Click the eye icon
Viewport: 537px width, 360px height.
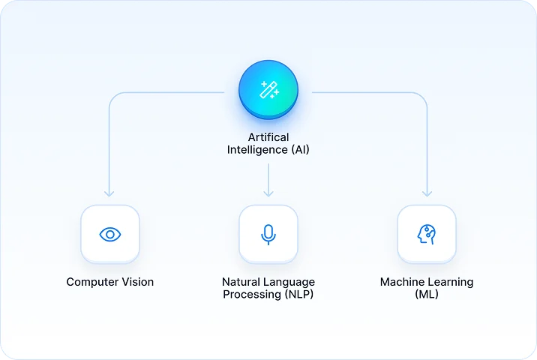pos(110,235)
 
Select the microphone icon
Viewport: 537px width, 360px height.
pos(268,235)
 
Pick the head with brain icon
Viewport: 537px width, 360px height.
pos(427,235)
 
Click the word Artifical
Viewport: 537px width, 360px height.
pos(268,138)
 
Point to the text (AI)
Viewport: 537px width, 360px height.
pos(298,150)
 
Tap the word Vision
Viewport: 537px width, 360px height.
pos(138,283)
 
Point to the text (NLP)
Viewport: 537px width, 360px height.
pos(298,295)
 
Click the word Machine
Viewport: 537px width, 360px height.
pos(403,283)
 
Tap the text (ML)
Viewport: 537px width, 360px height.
pos(427,295)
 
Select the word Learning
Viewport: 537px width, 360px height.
pos(451,283)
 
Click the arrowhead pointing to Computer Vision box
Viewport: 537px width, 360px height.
pos(110,193)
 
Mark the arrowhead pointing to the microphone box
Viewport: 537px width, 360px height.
pos(268,193)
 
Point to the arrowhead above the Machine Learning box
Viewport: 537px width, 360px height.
pos(427,193)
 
